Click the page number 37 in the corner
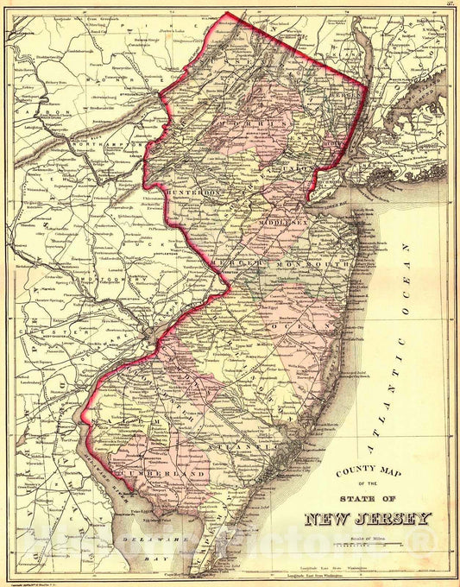(451, 6)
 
